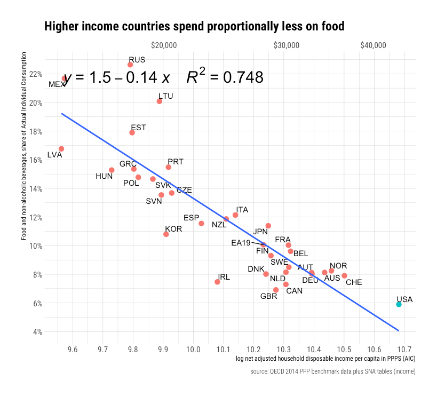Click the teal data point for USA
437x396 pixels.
pyautogui.click(x=399, y=304)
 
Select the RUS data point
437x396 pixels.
pyautogui.click(x=130, y=65)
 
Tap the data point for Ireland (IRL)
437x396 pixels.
pyautogui.click(x=217, y=282)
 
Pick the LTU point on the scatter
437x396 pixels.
pyautogui.click(x=160, y=101)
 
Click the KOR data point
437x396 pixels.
pyautogui.click(x=166, y=234)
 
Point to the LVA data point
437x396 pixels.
pyautogui.click(x=61, y=149)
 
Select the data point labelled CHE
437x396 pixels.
pyautogui.click(x=344, y=276)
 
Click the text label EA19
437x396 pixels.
pyautogui.click(x=241, y=243)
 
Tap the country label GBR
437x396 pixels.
pyautogui.click(x=268, y=296)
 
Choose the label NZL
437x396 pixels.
pyautogui.click(x=219, y=225)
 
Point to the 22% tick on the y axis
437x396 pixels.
pyautogui.click(x=36, y=74)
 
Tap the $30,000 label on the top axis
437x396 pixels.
pyautogui.click(x=285, y=46)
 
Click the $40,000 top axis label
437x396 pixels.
pyautogui.click(x=372, y=46)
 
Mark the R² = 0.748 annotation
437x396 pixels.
pyautogui.click(x=225, y=78)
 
